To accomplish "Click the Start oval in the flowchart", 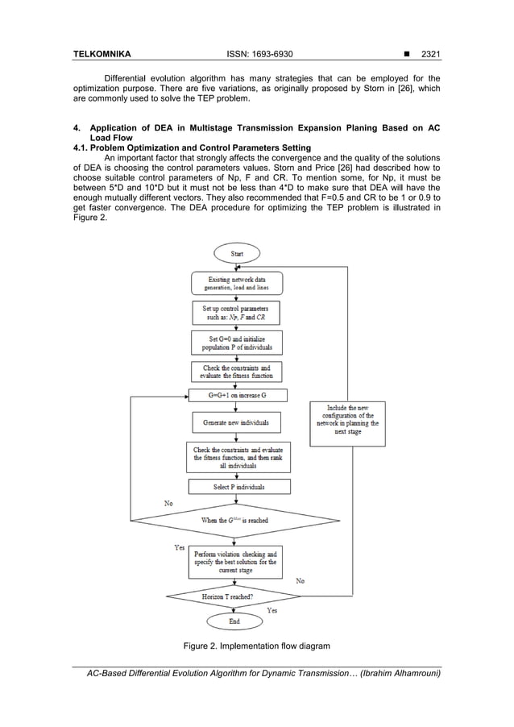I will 237,253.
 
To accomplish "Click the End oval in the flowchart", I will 234,621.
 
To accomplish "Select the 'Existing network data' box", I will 237,283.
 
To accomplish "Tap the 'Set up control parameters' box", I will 236,313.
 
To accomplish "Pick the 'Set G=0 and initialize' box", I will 237,343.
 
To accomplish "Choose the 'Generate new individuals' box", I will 236,422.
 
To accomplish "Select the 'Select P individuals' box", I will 238,487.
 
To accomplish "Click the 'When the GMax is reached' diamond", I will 234,521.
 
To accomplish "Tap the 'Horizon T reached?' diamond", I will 234,596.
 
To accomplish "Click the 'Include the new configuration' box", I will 347,420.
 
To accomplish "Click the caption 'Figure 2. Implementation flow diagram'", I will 256,646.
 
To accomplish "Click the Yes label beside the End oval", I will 272,611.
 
